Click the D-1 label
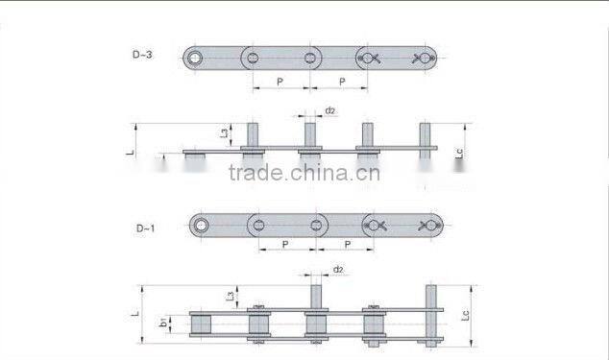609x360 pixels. (145, 227)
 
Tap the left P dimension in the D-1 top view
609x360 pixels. (286, 245)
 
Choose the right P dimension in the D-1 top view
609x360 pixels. (345, 245)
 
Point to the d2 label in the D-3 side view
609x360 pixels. (329, 110)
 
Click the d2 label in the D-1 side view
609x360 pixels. (338, 271)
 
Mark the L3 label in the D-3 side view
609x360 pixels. (224, 133)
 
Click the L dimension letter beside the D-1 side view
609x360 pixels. (136, 313)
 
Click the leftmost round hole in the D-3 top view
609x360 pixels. (198, 60)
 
